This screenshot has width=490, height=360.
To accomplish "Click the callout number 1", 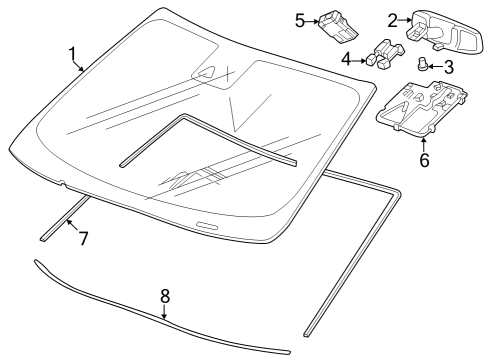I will coord(71,52).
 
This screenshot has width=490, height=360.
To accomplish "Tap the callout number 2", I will coord(393,18).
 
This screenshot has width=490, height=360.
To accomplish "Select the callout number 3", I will coord(449,66).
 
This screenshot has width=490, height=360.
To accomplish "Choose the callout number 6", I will coord(424,160).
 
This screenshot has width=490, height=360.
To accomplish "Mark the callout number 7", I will coord(84,238).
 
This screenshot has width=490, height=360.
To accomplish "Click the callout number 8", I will coord(165,296).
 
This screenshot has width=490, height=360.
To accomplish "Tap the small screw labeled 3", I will coord(424,66).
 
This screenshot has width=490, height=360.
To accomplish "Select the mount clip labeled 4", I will coord(384,55).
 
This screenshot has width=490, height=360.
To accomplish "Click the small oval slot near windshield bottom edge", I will coord(206,225).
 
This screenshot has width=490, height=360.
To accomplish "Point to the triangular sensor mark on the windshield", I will coord(209,73).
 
